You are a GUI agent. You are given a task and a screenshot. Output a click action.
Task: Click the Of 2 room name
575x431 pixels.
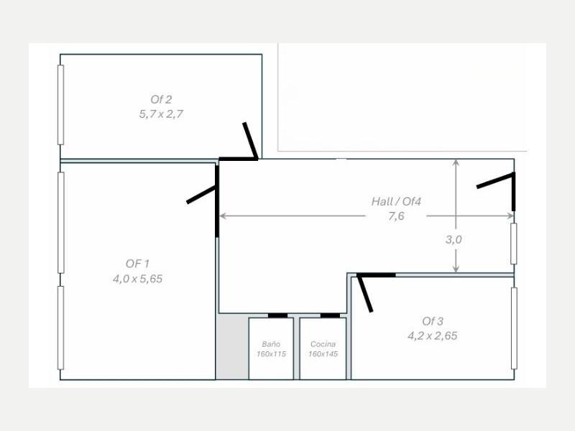tap(161, 99)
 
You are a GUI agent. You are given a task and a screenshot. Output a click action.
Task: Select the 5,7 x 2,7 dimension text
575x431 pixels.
tap(161, 114)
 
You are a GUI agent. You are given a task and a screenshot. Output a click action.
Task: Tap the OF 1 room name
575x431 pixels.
tap(137, 264)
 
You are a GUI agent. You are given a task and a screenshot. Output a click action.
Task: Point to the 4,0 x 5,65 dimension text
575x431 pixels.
tap(137, 279)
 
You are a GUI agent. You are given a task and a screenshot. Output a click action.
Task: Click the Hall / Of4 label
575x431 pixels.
tap(397, 201)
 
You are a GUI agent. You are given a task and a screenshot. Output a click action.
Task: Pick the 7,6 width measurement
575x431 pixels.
tap(396, 216)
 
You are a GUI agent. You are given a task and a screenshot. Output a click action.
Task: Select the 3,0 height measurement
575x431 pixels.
tap(454, 240)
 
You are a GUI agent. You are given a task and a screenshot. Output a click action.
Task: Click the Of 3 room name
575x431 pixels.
tap(433, 321)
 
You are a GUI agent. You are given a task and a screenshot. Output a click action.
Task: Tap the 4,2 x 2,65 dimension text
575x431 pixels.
tap(433, 336)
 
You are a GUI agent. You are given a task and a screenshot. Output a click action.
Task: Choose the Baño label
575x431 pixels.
tap(272, 344)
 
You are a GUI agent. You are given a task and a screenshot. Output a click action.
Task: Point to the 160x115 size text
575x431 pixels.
tap(272, 354)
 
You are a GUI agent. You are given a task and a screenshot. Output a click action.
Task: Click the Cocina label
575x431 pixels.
tap(323, 344)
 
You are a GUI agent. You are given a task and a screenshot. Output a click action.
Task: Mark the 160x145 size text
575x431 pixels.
tap(323, 354)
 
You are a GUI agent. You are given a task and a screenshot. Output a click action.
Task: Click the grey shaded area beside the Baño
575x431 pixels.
tap(232, 347)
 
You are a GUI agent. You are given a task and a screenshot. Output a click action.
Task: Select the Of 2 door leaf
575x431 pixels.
tap(251, 140)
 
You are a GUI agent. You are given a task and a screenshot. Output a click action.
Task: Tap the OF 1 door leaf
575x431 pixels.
tap(202, 194)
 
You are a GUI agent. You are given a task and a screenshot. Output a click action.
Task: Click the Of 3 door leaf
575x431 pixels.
tap(365, 294)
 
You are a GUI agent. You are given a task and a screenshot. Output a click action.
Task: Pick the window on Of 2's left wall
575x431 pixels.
tap(61, 105)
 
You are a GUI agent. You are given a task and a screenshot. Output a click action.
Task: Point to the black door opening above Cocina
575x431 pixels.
tap(330, 315)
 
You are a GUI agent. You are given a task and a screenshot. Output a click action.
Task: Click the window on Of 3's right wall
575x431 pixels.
tap(514, 328)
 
